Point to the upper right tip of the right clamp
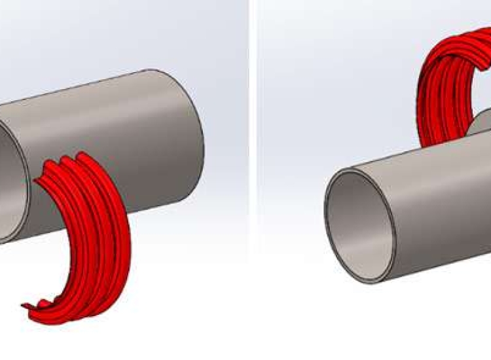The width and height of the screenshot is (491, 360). point(484,62)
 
